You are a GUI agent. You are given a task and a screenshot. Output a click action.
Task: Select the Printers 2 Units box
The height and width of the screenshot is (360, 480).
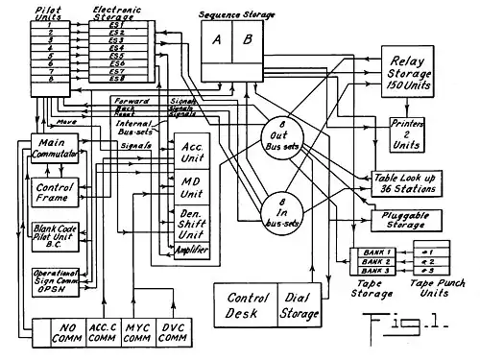[x=411, y=133]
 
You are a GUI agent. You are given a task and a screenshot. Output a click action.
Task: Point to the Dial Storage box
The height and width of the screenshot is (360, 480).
[x=300, y=305]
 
